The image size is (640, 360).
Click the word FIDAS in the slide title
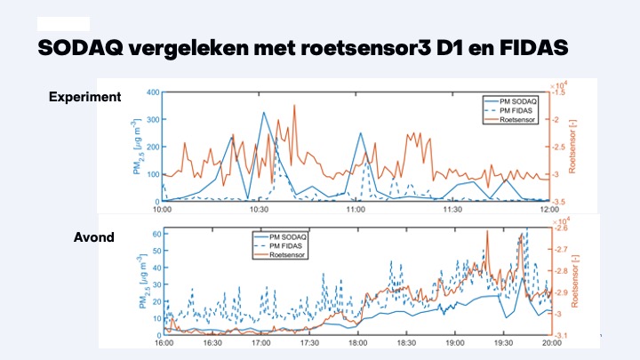click(x=534, y=47)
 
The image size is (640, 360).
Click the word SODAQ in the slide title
click(x=80, y=48)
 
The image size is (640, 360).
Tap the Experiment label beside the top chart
click(x=85, y=97)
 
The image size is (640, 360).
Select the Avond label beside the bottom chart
click(x=94, y=237)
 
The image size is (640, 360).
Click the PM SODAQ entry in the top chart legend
click(x=518, y=101)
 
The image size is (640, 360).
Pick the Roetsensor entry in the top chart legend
click(x=517, y=120)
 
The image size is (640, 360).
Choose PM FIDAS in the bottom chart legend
click(x=285, y=245)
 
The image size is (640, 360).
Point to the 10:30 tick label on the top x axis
click(x=259, y=210)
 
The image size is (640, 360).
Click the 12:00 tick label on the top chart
click(x=549, y=210)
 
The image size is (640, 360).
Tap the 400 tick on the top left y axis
click(x=153, y=92)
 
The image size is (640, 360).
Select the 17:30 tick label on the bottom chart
click(x=309, y=343)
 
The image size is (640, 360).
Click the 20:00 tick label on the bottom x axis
click(x=552, y=343)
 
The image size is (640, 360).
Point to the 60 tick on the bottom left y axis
click(x=157, y=234)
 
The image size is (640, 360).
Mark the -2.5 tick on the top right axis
click(x=558, y=147)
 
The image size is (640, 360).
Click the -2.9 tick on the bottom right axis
click(x=560, y=292)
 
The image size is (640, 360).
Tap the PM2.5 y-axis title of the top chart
click(x=137, y=147)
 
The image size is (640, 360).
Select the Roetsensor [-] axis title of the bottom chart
click(x=575, y=281)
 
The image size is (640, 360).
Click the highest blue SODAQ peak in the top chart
click(x=264, y=113)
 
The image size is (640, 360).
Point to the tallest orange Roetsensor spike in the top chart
click(x=294, y=106)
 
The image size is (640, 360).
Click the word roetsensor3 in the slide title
click(x=365, y=48)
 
